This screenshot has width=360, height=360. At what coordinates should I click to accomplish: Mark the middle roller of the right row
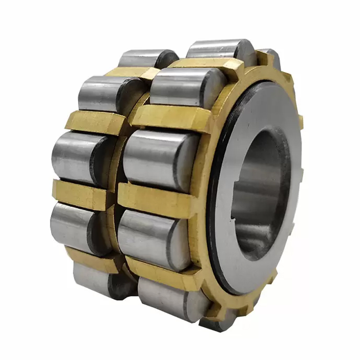[157, 160]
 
